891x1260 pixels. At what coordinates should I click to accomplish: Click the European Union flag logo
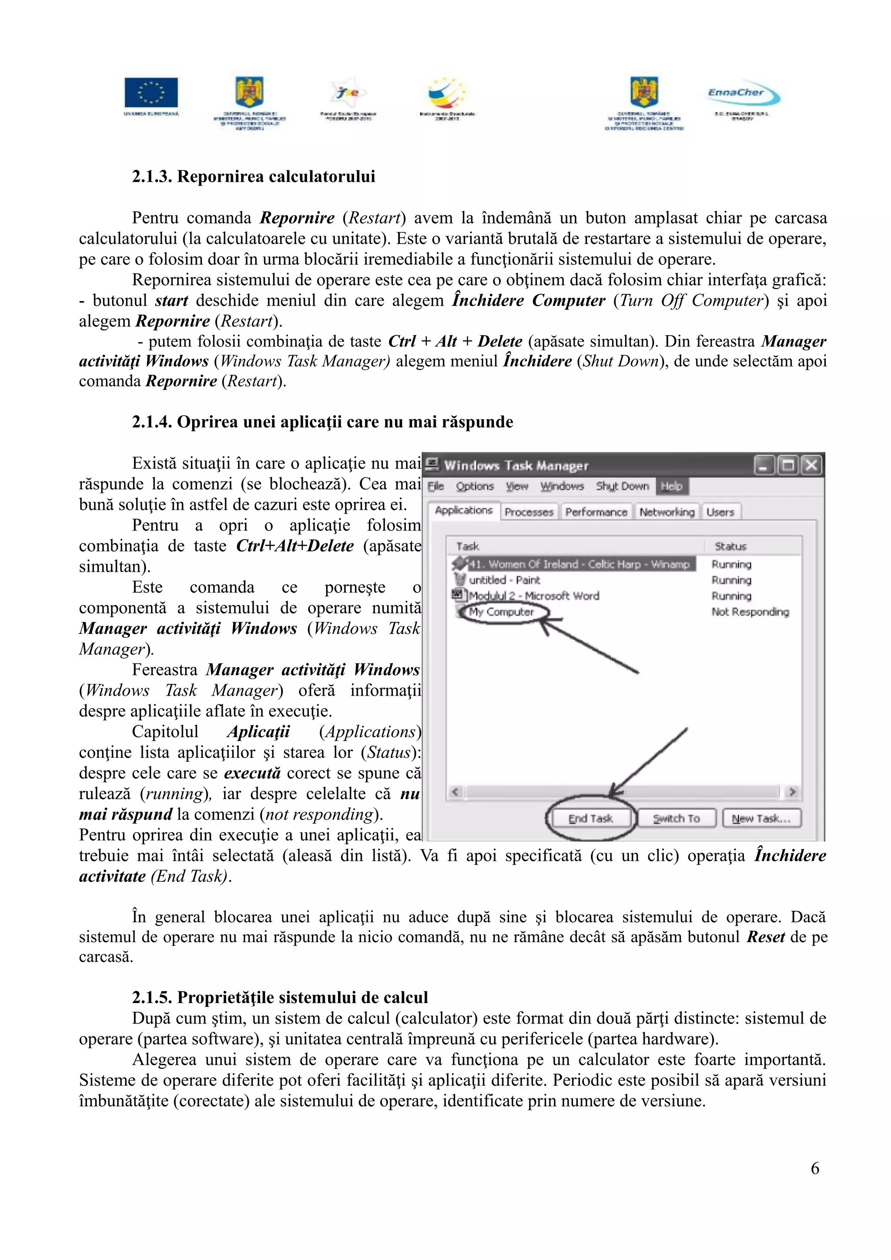coord(151,92)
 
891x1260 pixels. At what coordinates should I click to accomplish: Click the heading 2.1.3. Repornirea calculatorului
coord(254,177)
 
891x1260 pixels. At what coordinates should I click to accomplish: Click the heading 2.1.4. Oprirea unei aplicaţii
coord(322,422)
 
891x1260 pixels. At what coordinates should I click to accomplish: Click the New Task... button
coord(761,818)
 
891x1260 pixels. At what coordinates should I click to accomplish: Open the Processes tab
coord(529,512)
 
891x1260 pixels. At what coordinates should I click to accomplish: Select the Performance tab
coord(596,512)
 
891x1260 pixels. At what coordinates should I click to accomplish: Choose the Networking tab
coord(667,512)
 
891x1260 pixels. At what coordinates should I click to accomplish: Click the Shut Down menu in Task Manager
coord(622,486)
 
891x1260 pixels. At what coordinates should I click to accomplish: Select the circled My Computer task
coord(501,612)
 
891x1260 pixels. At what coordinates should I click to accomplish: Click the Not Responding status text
coord(750,612)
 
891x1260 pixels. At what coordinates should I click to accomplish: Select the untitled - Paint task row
coord(504,580)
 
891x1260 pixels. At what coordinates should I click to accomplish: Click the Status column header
coord(730,546)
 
